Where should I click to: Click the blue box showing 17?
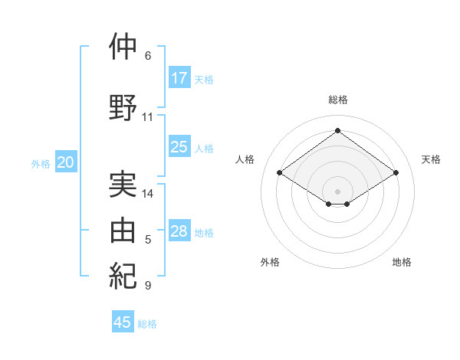point(179,77)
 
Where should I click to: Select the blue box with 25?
point(179,147)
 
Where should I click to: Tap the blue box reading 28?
point(179,231)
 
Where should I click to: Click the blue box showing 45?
point(123,322)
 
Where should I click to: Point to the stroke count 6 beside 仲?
point(148,56)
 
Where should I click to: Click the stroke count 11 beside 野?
point(147,117)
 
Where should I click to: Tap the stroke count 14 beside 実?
point(148,194)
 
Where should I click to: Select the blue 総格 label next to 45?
point(147,324)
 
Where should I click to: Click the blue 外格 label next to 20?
point(41,163)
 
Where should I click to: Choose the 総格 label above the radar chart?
point(337,100)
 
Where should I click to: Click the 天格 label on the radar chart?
point(431,159)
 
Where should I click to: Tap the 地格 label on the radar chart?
point(402,262)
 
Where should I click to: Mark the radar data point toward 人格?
point(280,173)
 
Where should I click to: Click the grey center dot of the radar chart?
point(337,190)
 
